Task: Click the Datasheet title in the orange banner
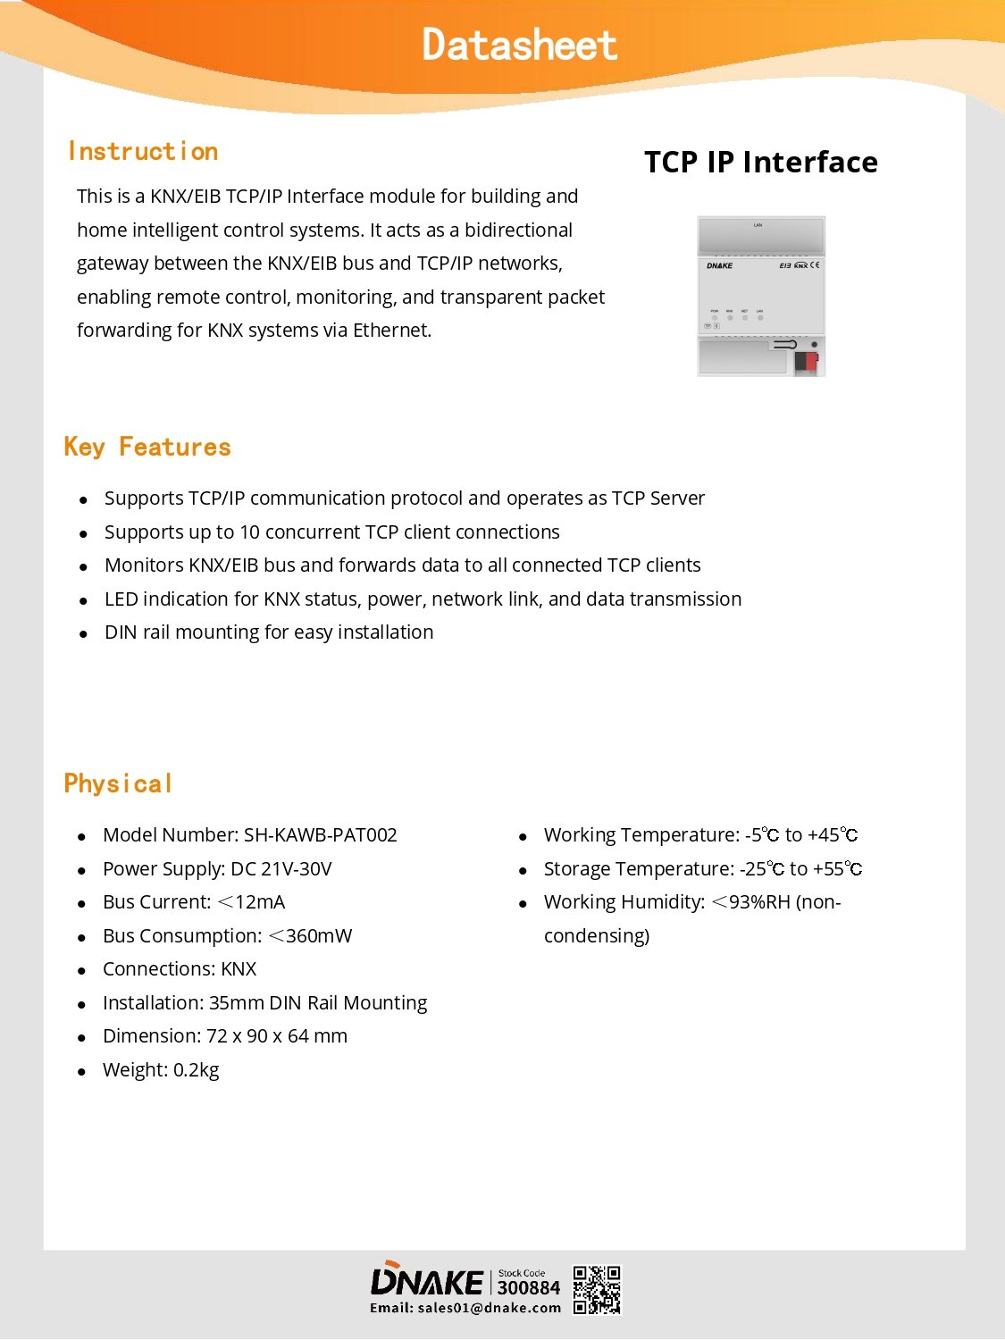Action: [x=519, y=45]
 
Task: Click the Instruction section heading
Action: [x=143, y=152]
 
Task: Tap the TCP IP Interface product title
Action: [x=760, y=162]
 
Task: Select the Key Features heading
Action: [x=147, y=447]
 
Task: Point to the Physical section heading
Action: [x=118, y=783]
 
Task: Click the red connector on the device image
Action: [x=806, y=361]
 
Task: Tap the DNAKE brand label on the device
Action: [x=719, y=265]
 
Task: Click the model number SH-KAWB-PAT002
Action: [x=320, y=835]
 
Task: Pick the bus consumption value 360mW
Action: [x=318, y=936]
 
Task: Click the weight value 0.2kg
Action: [x=196, y=1070]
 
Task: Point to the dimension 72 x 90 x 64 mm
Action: [x=277, y=1036]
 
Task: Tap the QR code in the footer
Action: [x=596, y=1290]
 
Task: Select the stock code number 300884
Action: [x=528, y=1288]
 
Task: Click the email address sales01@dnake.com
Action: [x=489, y=1308]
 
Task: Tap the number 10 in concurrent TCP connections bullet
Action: [x=249, y=532]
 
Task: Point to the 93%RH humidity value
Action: [x=759, y=902]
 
